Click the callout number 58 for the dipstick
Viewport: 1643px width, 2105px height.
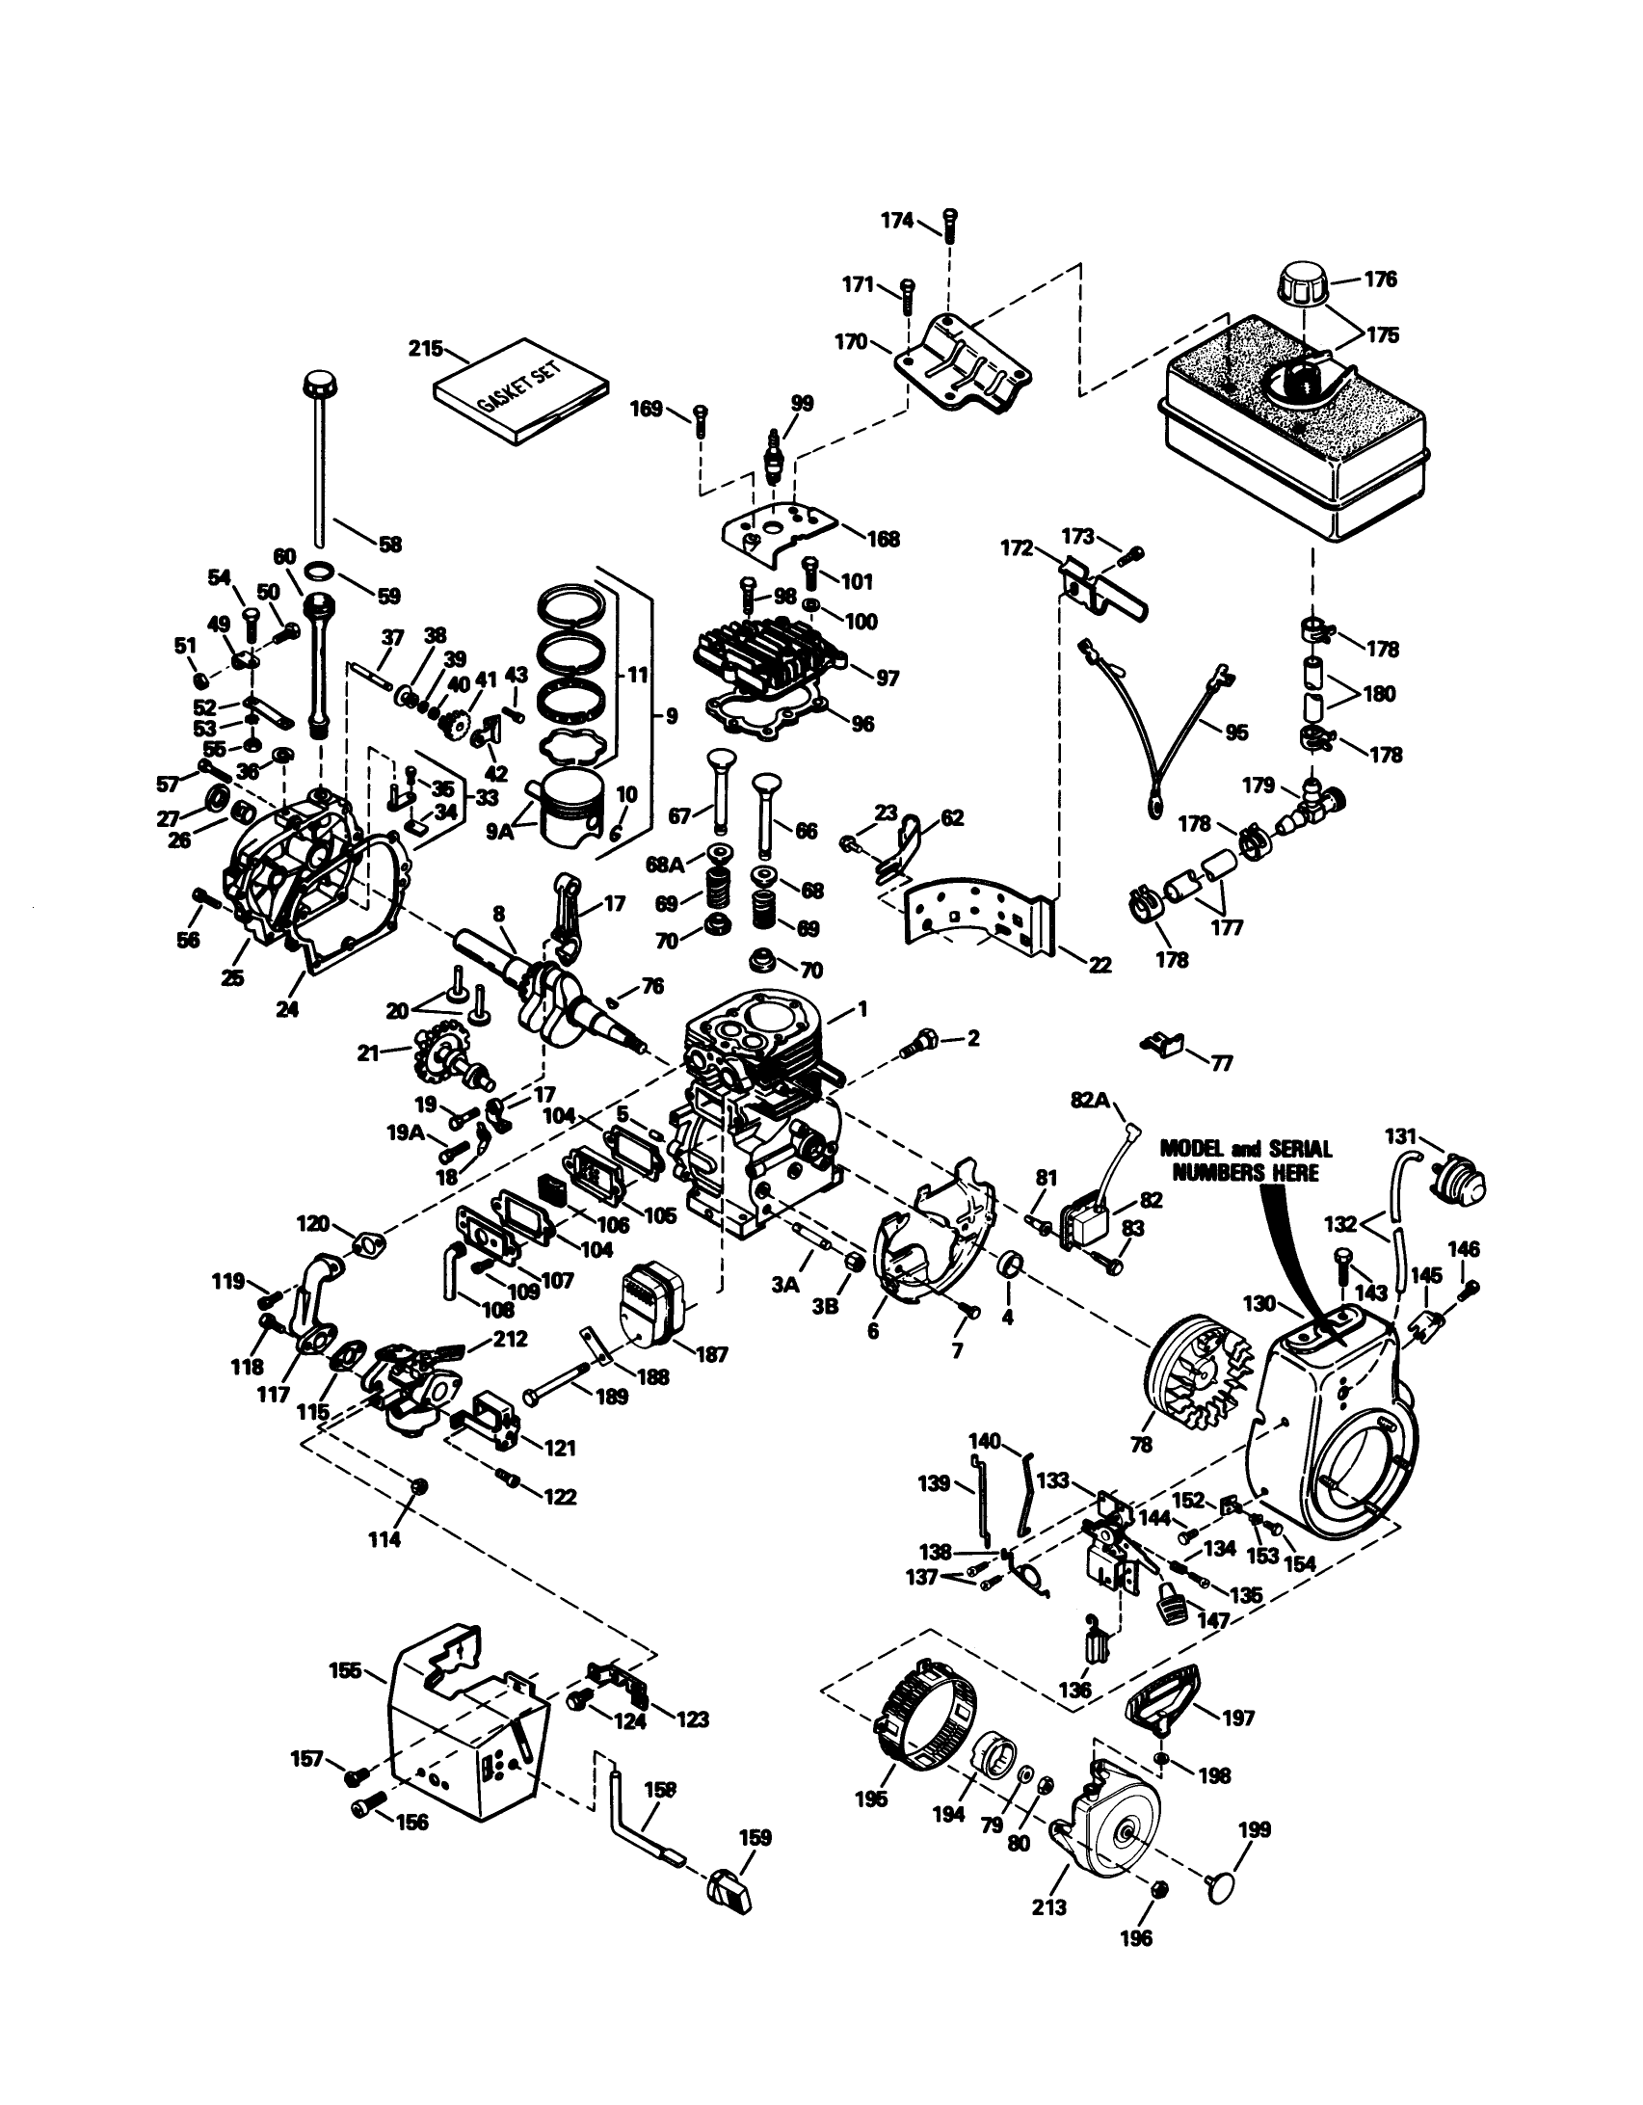point(389,545)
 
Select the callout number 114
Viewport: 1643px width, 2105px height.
point(384,1539)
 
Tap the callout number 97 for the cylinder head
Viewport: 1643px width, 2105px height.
point(886,679)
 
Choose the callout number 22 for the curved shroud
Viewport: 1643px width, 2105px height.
point(1100,965)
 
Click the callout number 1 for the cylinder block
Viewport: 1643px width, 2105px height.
point(862,1009)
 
